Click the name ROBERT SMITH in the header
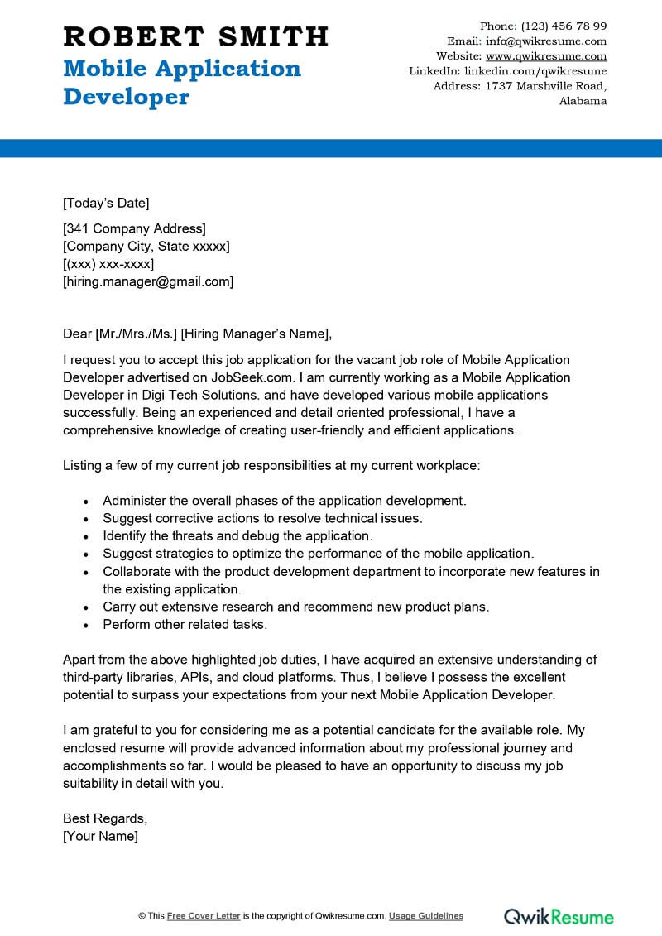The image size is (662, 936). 196,36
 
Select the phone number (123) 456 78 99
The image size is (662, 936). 559,26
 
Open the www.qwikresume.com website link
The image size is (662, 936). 546,56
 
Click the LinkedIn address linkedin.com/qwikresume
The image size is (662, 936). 536,71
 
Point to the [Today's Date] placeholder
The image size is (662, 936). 106,203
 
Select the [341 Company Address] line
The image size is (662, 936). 134,228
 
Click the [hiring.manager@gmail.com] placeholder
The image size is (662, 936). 148,281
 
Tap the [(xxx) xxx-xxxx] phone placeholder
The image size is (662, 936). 108,263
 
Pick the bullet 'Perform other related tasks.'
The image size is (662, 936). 185,625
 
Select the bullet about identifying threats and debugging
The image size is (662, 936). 237,535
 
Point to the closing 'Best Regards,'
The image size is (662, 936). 105,818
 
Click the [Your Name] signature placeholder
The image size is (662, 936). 100,836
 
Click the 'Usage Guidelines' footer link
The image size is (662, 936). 426,916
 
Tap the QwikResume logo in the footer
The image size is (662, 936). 559,916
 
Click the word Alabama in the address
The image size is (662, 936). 583,101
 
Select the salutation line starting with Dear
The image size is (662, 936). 197,334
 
